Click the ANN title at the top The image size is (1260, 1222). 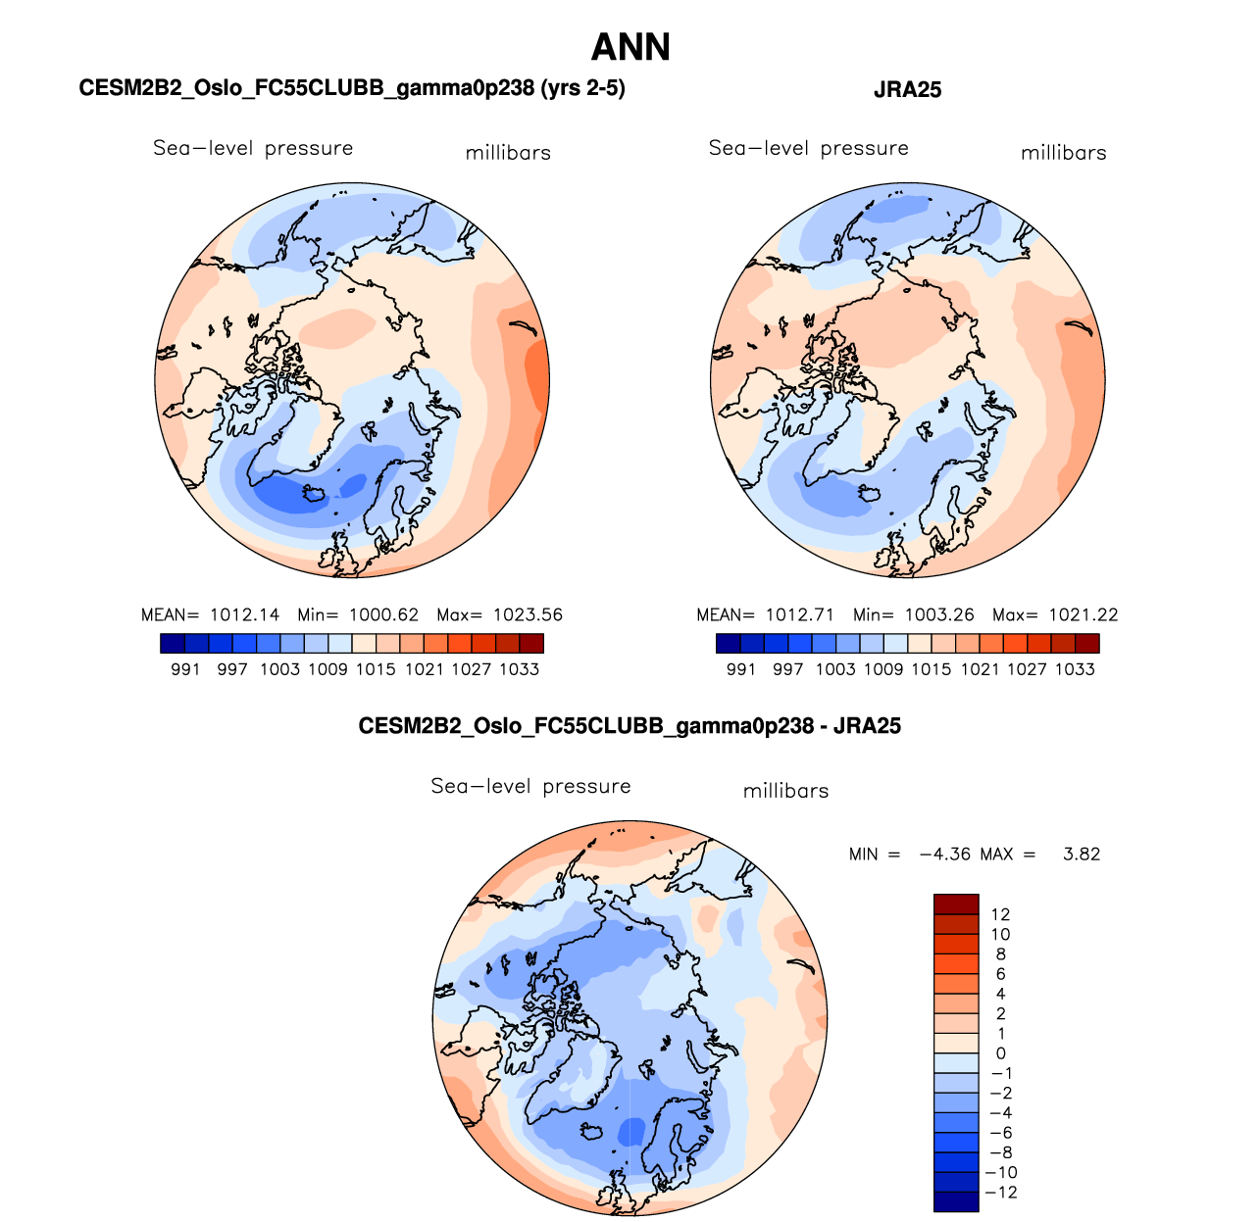click(630, 48)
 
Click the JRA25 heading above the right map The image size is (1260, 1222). click(907, 90)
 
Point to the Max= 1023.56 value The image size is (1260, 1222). click(499, 615)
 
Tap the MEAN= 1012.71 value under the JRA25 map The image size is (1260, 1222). click(765, 615)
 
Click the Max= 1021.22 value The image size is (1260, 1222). click(1055, 615)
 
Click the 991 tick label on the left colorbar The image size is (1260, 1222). click(185, 669)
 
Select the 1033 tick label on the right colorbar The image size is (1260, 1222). click(1075, 669)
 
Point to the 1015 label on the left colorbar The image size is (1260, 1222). click(376, 669)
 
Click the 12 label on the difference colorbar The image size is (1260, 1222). click(1000, 914)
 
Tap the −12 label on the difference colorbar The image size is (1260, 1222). click(1000, 1193)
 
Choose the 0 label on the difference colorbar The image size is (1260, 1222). click(1000, 1053)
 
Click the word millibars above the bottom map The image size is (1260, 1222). click(785, 791)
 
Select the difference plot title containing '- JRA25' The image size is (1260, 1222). click(630, 726)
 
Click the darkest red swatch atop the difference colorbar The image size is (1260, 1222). click(956, 904)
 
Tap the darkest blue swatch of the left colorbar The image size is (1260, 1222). click(172, 644)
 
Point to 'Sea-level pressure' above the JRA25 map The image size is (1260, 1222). click(808, 148)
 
